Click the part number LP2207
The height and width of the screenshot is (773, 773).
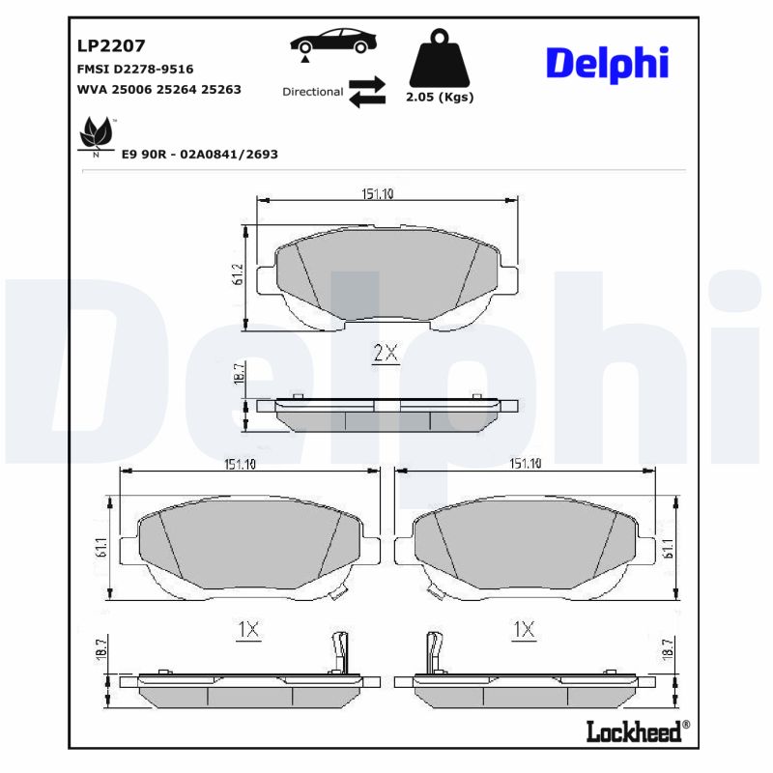(x=110, y=44)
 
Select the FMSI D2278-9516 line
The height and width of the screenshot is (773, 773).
(x=135, y=69)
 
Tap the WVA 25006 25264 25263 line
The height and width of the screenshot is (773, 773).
(x=158, y=89)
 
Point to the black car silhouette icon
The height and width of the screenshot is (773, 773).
(x=334, y=43)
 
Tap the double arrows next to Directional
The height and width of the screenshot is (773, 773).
(x=366, y=92)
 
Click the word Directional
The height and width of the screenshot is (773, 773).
(x=312, y=92)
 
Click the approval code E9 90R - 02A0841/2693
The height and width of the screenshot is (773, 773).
(x=200, y=154)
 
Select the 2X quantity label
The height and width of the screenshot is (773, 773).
(x=386, y=354)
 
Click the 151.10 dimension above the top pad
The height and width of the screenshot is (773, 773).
(x=378, y=194)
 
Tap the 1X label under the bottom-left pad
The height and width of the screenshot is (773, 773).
(x=248, y=630)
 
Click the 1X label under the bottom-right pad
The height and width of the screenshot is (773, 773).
(x=524, y=630)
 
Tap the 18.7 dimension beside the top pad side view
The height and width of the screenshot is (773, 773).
(x=239, y=375)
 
